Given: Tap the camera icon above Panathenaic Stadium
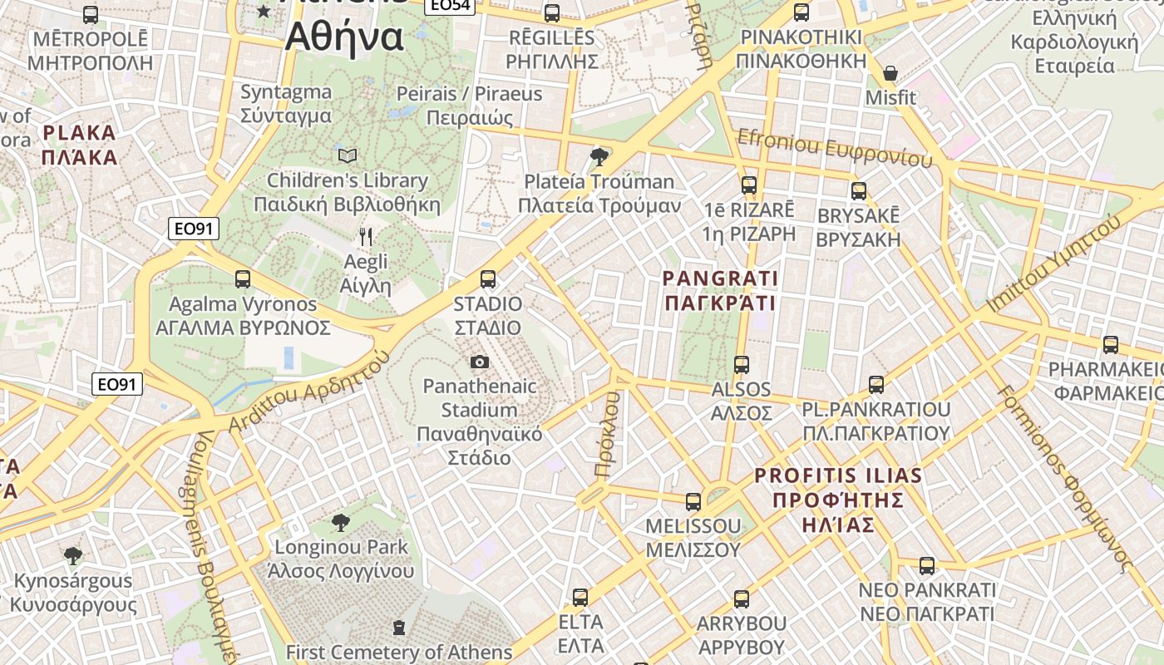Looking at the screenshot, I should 480,362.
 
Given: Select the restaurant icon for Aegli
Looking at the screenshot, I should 366,237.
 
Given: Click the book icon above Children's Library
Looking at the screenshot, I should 348,155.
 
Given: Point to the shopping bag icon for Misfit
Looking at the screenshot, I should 890,73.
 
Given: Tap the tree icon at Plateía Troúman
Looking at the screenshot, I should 598,156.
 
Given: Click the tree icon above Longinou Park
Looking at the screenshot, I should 340,522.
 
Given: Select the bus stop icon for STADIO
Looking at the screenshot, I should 488,279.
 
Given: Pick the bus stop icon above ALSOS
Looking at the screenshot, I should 742,364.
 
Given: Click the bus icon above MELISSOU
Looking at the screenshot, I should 693,501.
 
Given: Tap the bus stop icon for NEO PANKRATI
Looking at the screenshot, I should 927,565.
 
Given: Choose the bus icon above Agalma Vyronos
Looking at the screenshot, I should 243,279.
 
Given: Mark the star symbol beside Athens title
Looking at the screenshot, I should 264,11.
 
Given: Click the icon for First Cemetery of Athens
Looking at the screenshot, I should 399,626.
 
